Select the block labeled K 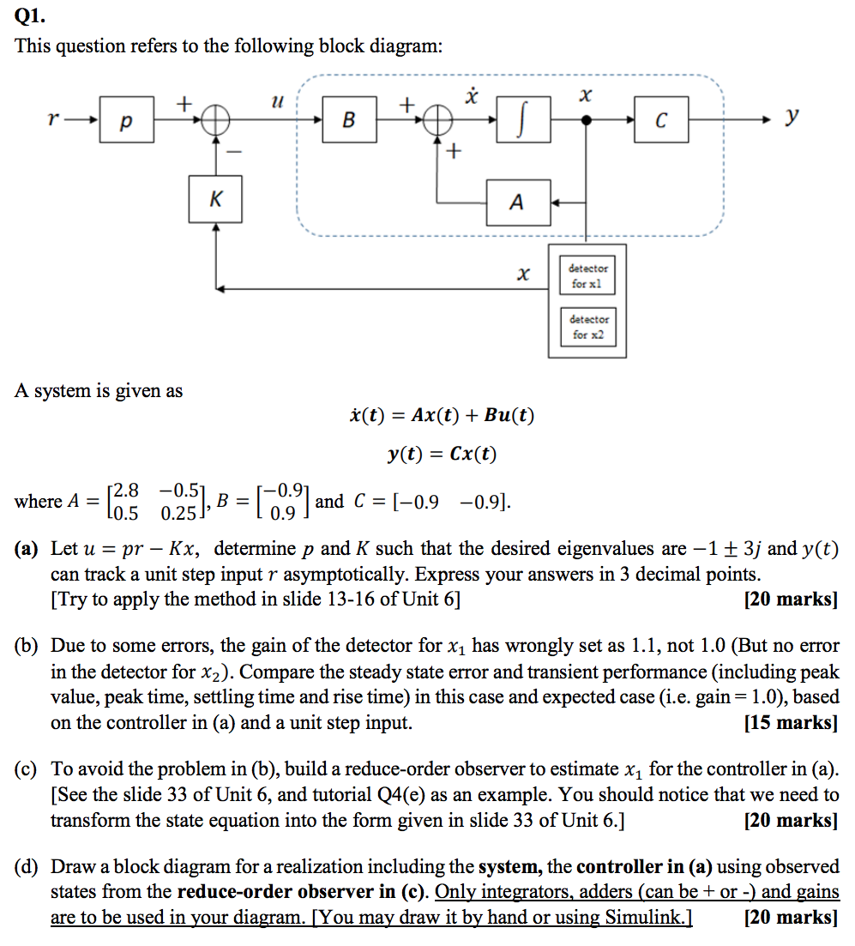[x=215, y=200]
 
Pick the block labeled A [x=517, y=202]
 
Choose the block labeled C [x=659, y=121]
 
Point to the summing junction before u [x=215, y=121]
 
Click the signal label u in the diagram [x=275, y=101]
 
